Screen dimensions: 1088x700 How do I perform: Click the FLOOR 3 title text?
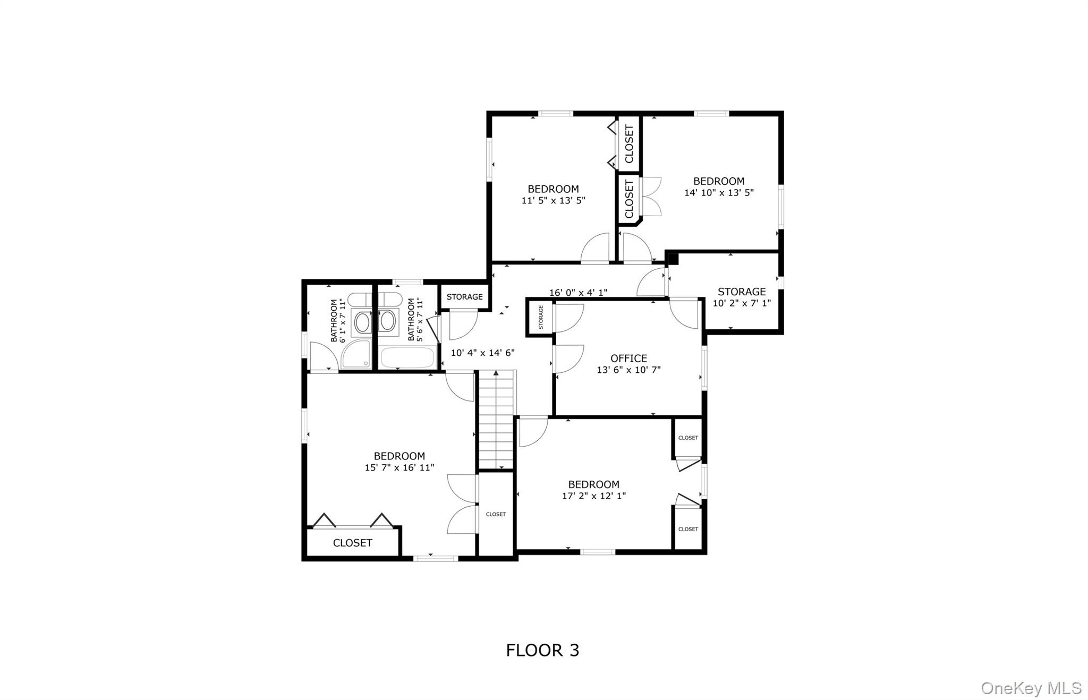pyautogui.click(x=542, y=650)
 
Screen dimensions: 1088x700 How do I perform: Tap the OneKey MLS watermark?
pyautogui.click(x=1031, y=688)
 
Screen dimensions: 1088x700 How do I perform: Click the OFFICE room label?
pyautogui.click(x=628, y=358)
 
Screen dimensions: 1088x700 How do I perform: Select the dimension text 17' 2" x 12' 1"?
pyautogui.click(x=594, y=496)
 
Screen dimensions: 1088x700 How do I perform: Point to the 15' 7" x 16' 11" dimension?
pyautogui.click(x=399, y=468)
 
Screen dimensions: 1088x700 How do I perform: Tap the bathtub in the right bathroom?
pyautogui.click(x=409, y=357)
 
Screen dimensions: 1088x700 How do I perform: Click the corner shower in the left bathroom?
pyautogui.click(x=356, y=354)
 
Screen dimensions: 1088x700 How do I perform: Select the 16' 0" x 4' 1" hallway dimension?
pyautogui.click(x=578, y=293)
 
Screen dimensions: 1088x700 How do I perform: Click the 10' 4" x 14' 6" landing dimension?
pyautogui.click(x=482, y=353)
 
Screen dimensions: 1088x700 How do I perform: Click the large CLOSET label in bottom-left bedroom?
pyautogui.click(x=352, y=543)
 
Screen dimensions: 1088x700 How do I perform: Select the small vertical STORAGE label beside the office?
pyautogui.click(x=541, y=317)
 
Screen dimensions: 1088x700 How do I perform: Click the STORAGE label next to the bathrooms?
pyautogui.click(x=464, y=297)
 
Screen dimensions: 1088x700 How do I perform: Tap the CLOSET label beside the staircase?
pyautogui.click(x=496, y=514)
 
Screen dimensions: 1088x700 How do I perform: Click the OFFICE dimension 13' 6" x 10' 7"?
pyautogui.click(x=628, y=370)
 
